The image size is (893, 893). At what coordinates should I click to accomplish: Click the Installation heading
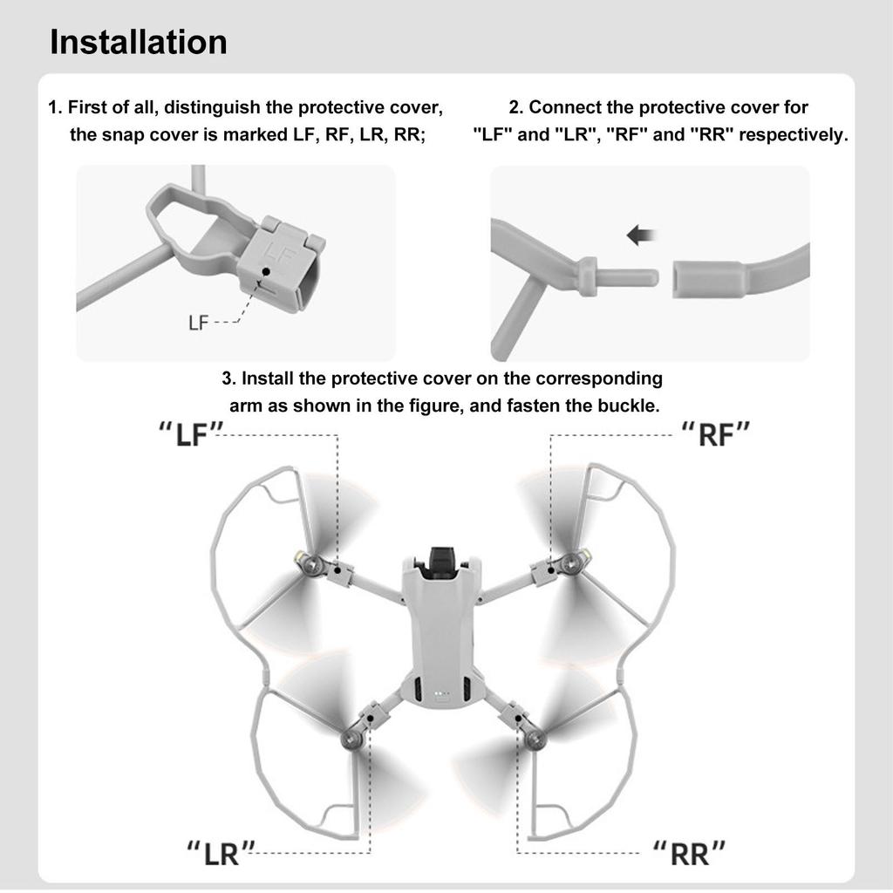pos(139,42)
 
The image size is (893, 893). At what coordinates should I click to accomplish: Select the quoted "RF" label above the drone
pos(715,433)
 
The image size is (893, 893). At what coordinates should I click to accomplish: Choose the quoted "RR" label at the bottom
pos(690,852)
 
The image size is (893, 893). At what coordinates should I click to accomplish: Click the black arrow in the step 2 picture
pos(642,235)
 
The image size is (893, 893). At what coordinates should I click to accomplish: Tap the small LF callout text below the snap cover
pos(199,323)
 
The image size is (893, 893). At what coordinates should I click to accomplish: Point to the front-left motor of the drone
pos(310,565)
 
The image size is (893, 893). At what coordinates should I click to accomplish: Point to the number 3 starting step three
pos(228,379)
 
